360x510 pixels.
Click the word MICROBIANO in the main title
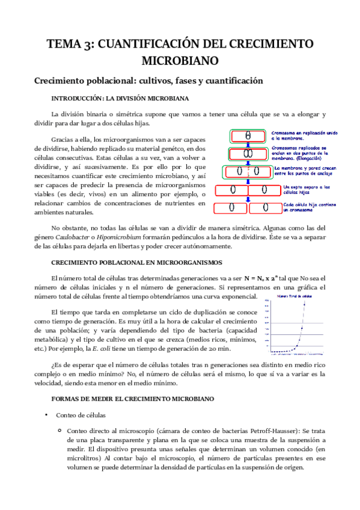point(180,61)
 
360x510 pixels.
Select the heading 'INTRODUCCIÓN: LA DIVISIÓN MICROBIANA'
point(120,97)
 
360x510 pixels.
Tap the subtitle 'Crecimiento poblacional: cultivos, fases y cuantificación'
point(149,80)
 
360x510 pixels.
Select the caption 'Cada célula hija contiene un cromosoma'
point(306,207)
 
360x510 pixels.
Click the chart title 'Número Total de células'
point(294,297)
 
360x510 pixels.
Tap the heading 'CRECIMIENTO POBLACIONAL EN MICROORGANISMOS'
point(137,263)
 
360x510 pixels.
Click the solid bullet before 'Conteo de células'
point(46,415)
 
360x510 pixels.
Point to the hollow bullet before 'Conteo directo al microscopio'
point(59,431)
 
